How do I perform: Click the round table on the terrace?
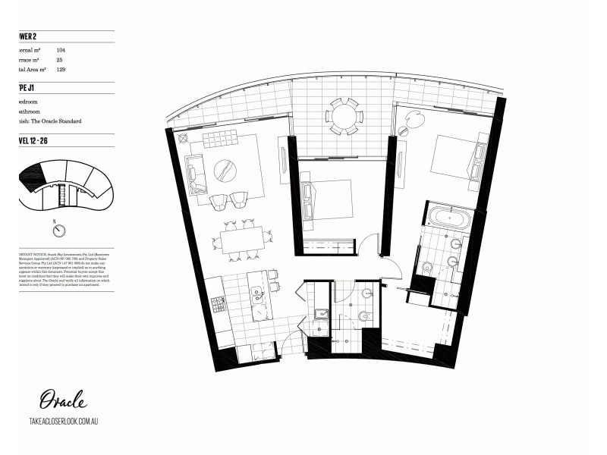[343, 116]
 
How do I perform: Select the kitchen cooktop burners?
[219, 304]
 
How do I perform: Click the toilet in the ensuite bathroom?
[426, 266]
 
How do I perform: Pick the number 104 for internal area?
[61, 49]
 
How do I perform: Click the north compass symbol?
[55, 231]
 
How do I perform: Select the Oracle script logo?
[63, 400]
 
